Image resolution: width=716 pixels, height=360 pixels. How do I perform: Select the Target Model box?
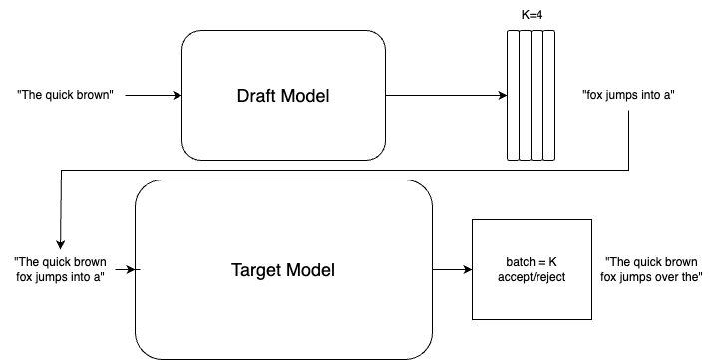(283, 269)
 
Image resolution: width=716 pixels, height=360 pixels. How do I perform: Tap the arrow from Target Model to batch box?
(452, 269)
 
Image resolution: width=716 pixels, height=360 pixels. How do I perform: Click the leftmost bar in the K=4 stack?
(513, 95)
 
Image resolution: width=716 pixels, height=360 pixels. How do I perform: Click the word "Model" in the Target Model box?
(310, 269)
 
